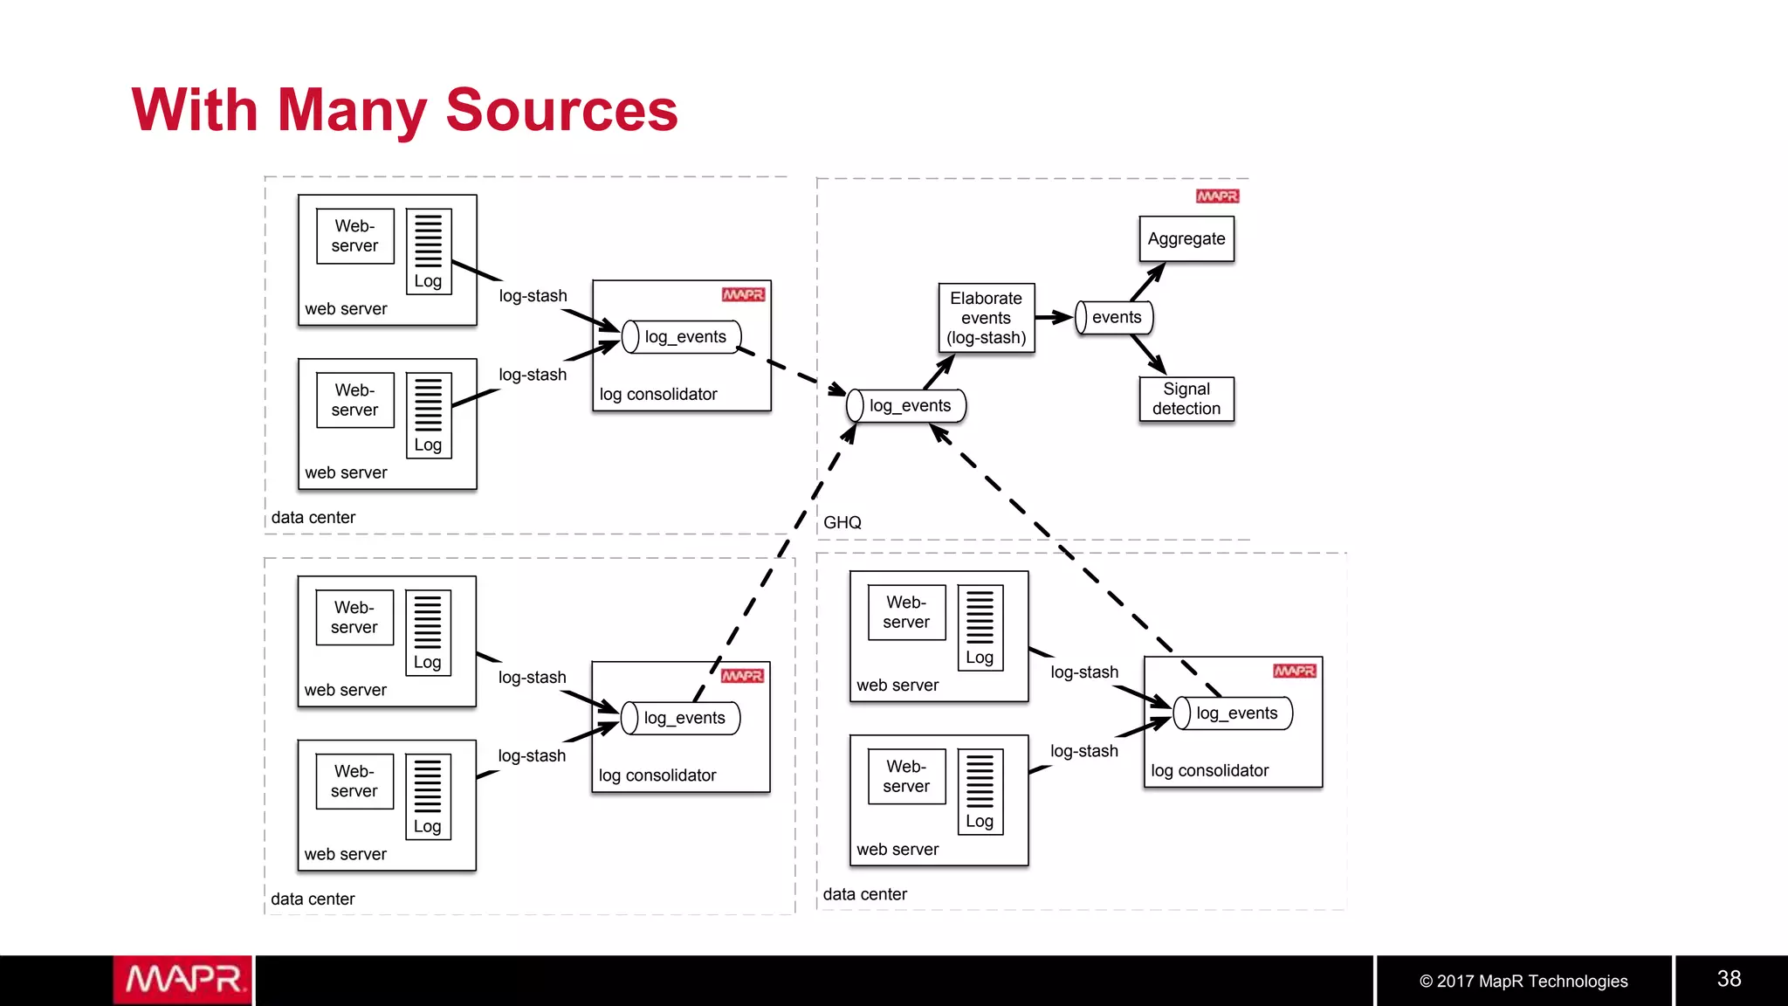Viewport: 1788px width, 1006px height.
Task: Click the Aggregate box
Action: pyautogui.click(x=1186, y=239)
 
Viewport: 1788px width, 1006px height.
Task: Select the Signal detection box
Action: pyautogui.click(x=1186, y=399)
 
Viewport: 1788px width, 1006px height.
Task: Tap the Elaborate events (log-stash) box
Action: pyautogui.click(x=986, y=318)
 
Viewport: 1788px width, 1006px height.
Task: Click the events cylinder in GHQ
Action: pyautogui.click(x=1114, y=318)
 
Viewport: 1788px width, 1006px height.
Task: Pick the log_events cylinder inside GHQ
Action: pyautogui.click(x=907, y=406)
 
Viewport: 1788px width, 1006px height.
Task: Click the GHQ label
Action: pyautogui.click(x=842, y=522)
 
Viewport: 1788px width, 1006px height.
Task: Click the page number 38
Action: pyautogui.click(x=1728, y=979)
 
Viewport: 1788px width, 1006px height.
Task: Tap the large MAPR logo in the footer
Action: pyautogui.click(x=182, y=980)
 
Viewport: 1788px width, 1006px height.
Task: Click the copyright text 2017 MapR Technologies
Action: pyautogui.click(x=1523, y=981)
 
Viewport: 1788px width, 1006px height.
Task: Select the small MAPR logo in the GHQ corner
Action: pyautogui.click(x=1217, y=196)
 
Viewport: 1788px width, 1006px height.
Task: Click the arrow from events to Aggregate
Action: pyautogui.click(x=1147, y=282)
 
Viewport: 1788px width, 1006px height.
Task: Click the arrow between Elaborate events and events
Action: pyautogui.click(x=1054, y=317)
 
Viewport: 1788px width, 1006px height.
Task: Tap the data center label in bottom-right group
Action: pyautogui.click(x=864, y=894)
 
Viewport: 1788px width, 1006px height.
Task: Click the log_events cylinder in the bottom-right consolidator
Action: pyautogui.click(x=1233, y=713)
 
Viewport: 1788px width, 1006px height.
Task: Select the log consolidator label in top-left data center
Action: pyautogui.click(x=657, y=395)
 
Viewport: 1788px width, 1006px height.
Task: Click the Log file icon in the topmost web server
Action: pyautogui.click(x=428, y=251)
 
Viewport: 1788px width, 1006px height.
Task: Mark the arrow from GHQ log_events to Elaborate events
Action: pyautogui.click(x=939, y=371)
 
